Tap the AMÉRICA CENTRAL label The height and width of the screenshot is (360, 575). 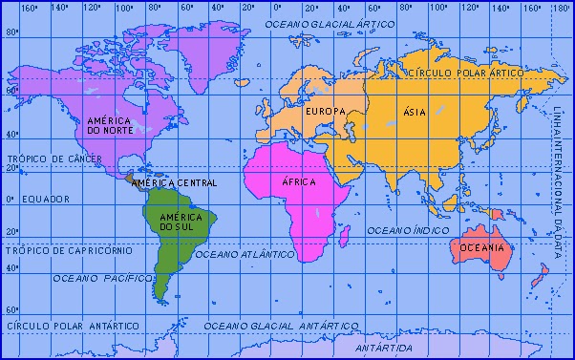[174, 182]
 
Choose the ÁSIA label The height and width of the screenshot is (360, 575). [414, 112]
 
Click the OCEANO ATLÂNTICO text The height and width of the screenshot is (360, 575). [245, 256]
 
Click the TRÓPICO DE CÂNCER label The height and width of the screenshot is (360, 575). [48, 159]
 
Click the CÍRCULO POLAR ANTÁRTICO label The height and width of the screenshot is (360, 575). [67, 326]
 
